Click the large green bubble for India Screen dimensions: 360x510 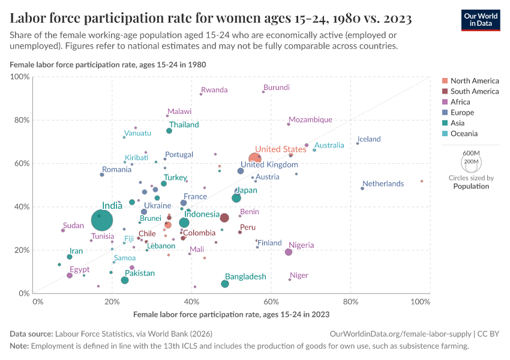(103, 220)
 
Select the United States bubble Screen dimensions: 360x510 (256, 158)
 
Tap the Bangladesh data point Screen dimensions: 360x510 (225, 284)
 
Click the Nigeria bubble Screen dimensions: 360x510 (289, 252)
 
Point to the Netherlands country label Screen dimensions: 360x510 (383, 184)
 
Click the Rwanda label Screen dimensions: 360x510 (214, 90)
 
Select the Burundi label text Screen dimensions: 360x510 (277, 88)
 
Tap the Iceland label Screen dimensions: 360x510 (369, 139)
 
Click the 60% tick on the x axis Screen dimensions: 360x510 (271, 301)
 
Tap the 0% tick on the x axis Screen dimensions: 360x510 (37, 301)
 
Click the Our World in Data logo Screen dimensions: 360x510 (481, 19)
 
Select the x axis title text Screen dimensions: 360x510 (231, 314)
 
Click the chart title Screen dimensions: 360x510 (211, 19)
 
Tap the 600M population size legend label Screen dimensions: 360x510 (471, 153)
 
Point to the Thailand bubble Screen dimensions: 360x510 (169, 131)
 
